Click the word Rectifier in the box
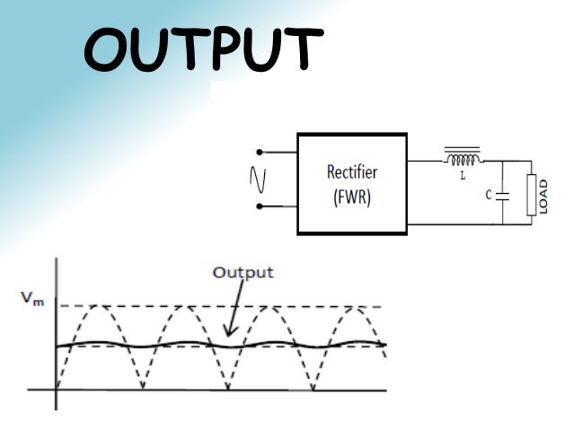pyautogui.click(x=352, y=172)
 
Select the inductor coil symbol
pyautogui.click(x=463, y=159)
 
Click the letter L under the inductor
pyautogui.click(x=463, y=176)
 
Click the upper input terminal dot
pyautogui.click(x=259, y=152)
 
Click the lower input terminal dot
pyautogui.click(x=259, y=206)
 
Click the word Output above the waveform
pyautogui.click(x=242, y=272)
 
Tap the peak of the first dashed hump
pyautogui.click(x=99, y=307)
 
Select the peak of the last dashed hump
pyautogui.click(x=355, y=307)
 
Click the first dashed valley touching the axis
pyautogui.click(x=142, y=388)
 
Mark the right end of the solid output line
pyautogui.click(x=386, y=343)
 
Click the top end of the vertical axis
pyautogui.click(x=57, y=259)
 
